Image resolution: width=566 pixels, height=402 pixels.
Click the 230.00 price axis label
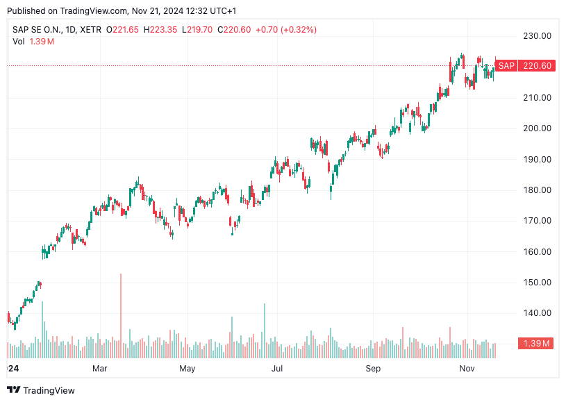(x=538, y=36)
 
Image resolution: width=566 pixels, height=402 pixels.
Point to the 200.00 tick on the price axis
(x=538, y=128)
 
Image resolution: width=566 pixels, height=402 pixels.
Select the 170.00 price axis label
(x=538, y=221)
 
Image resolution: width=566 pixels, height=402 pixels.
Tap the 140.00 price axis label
(x=538, y=313)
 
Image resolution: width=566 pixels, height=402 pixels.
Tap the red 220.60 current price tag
(x=537, y=66)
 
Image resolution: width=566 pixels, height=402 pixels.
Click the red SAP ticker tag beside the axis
(x=507, y=66)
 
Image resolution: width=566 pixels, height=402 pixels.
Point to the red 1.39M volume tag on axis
(x=537, y=344)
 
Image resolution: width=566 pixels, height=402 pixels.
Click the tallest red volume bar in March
(x=121, y=309)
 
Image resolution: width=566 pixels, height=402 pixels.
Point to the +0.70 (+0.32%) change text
(x=286, y=30)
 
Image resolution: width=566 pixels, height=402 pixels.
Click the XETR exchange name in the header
(x=90, y=30)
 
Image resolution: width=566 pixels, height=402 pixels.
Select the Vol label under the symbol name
(x=18, y=42)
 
